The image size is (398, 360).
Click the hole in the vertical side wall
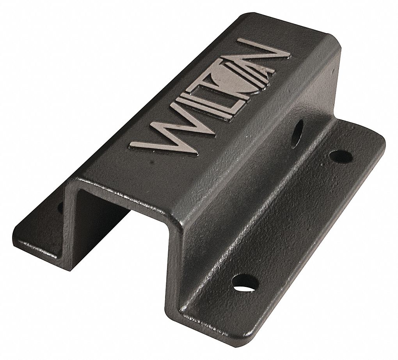[x=297, y=134]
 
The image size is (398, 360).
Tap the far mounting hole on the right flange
[x=341, y=156]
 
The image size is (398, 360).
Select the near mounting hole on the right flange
[x=245, y=283]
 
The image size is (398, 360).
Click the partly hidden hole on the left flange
[x=60, y=207]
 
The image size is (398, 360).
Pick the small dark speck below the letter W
[x=151, y=160]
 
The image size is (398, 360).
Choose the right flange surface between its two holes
[x=297, y=219]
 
